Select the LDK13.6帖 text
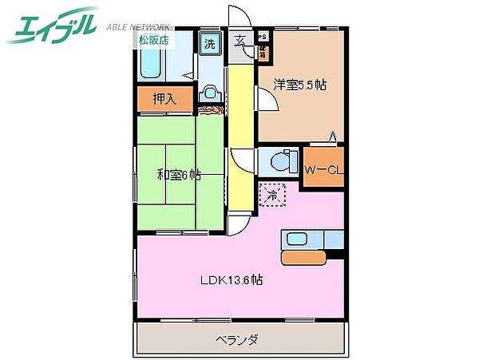(232, 280)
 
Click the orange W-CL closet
(323, 168)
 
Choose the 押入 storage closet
(164, 100)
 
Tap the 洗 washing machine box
(209, 45)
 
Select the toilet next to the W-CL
(279, 162)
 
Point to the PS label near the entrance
(263, 37)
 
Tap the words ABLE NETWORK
(141, 25)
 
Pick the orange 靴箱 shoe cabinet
(262, 51)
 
